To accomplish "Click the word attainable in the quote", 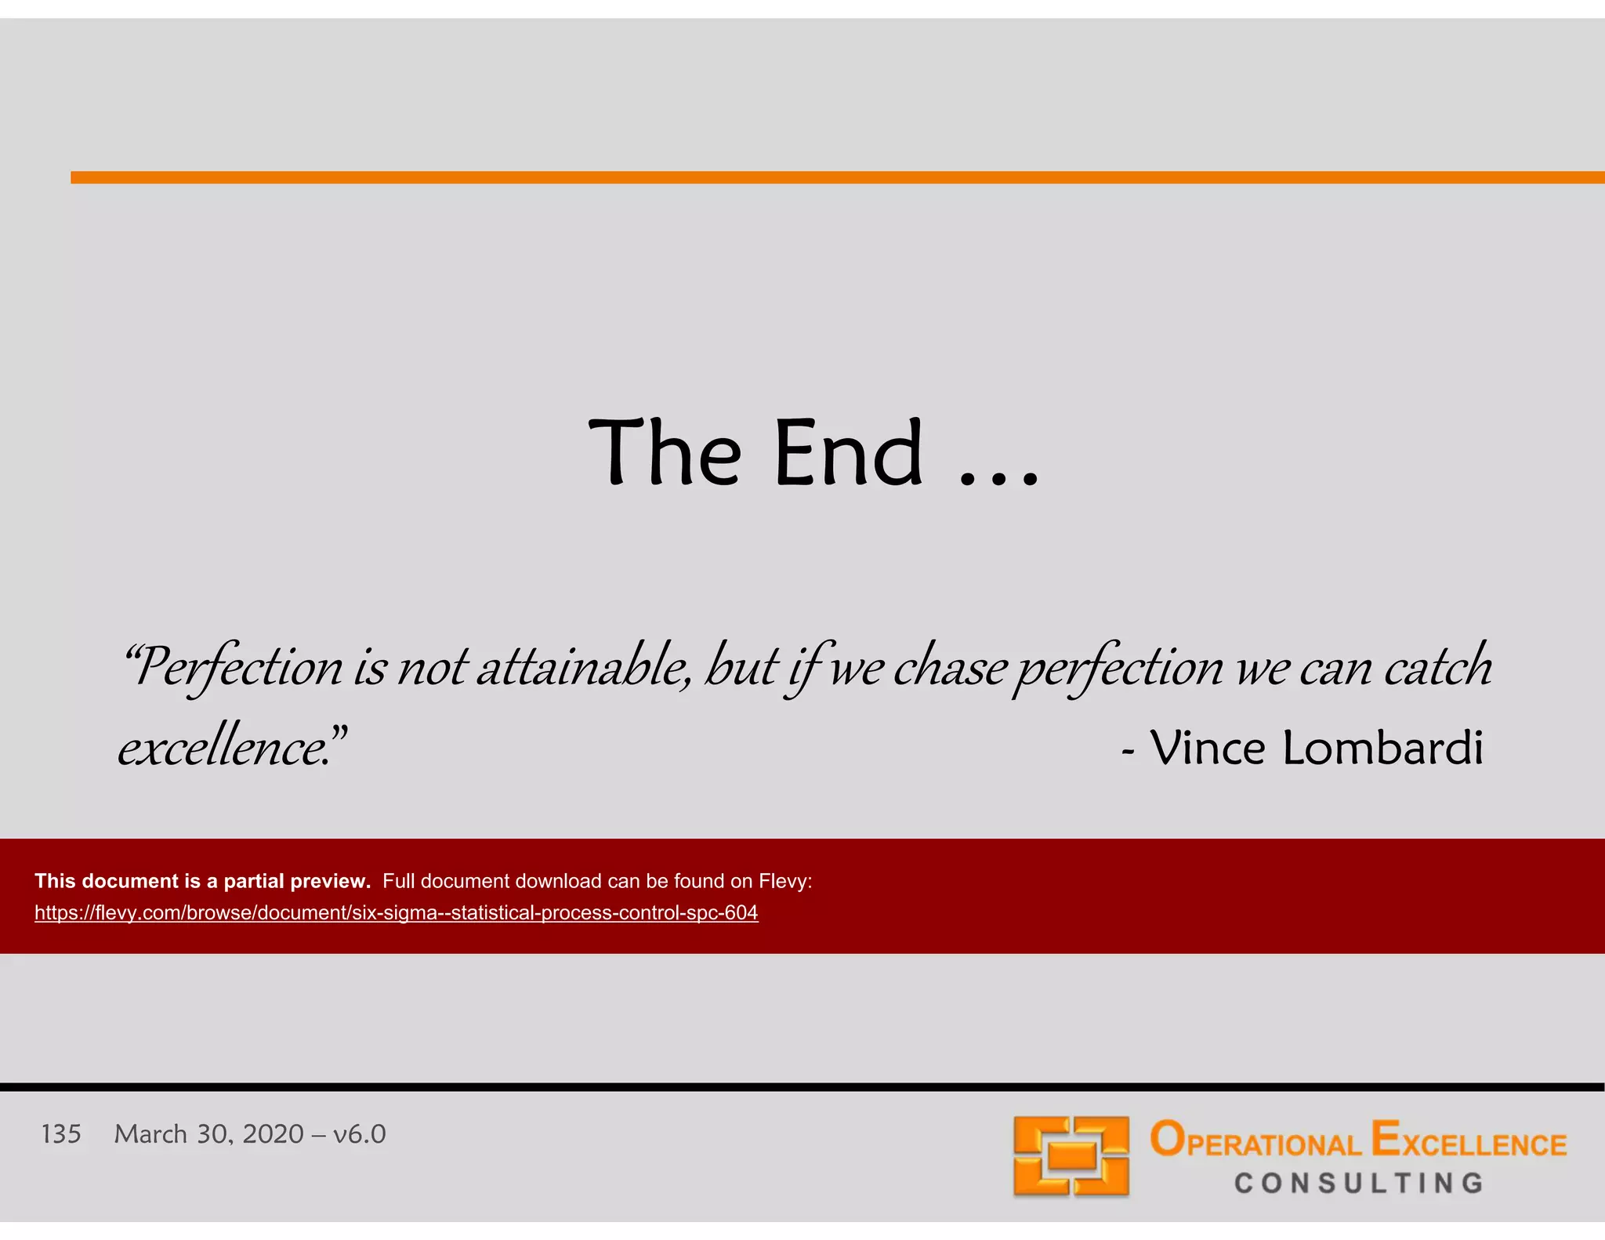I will pyautogui.click(x=584, y=666).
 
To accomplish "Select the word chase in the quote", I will pyautogui.click(x=950, y=666).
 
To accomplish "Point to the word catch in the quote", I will pyautogui.click(x=1437, y=666).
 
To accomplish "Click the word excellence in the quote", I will pyautogui.click(x=223, y=747).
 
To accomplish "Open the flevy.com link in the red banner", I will pyautogui.click(x=396, y=913).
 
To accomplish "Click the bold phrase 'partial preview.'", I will pyautogui.click(x=297, y=881).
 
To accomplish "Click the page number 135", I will pyautogui.click(x=61, y=1134).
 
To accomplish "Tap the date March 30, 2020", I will pyautogui.click(x=208, y=1134).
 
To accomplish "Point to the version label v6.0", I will pyautogui.click(x=359, y=1134).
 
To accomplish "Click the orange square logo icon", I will pyautogui.click(x=1071, y=1156).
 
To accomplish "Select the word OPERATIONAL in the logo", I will pyautogui.click(x=1255, y=1141).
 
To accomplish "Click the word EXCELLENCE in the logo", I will pyautogui.click(x=1469, y=1141).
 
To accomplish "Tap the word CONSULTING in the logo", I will pyautogui.click(x=1359, y=1183).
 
